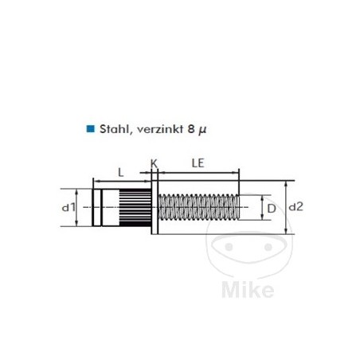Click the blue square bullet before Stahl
click(90, 127)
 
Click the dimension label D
click(271, 209)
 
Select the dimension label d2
click(296, 207)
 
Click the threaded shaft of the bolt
click(199, 209)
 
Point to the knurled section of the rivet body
click(135, 209)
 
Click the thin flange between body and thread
click(155, 209)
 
